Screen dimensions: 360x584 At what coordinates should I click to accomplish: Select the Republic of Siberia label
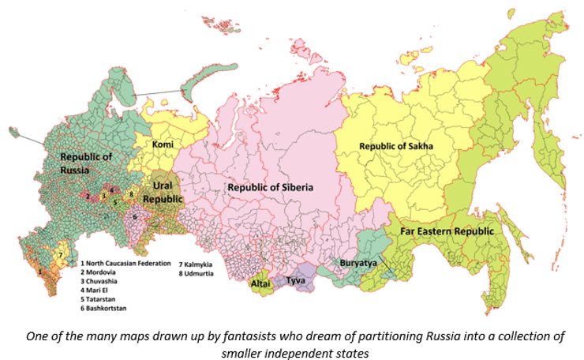coord(271,187)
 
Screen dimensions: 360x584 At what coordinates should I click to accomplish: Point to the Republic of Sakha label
coord(398,146)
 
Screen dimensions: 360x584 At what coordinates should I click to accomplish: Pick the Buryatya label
coord(358,261)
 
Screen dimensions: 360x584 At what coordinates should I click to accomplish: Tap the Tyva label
coord(295,280)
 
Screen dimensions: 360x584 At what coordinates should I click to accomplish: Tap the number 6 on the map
coord(135,216)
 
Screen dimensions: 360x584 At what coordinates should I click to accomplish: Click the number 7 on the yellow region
coord(59,254)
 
